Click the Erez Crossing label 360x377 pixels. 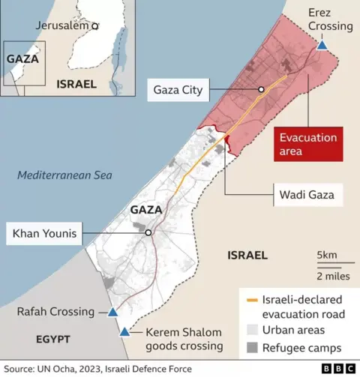pos(330,19)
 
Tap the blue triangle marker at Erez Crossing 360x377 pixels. pos(322,46)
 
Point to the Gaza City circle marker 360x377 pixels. pos(261,90)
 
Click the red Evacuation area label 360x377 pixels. pos(308,145)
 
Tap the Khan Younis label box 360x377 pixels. pos(44,234)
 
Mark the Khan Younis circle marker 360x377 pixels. pos(148,233)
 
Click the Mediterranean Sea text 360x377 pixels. pos(64,175)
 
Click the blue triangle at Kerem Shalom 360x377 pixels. pos(124,332)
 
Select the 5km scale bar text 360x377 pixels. pos(327,256)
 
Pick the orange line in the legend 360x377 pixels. pos(250,300)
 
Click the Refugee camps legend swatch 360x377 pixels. pos(250,348)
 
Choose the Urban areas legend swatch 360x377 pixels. pos(250,331)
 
